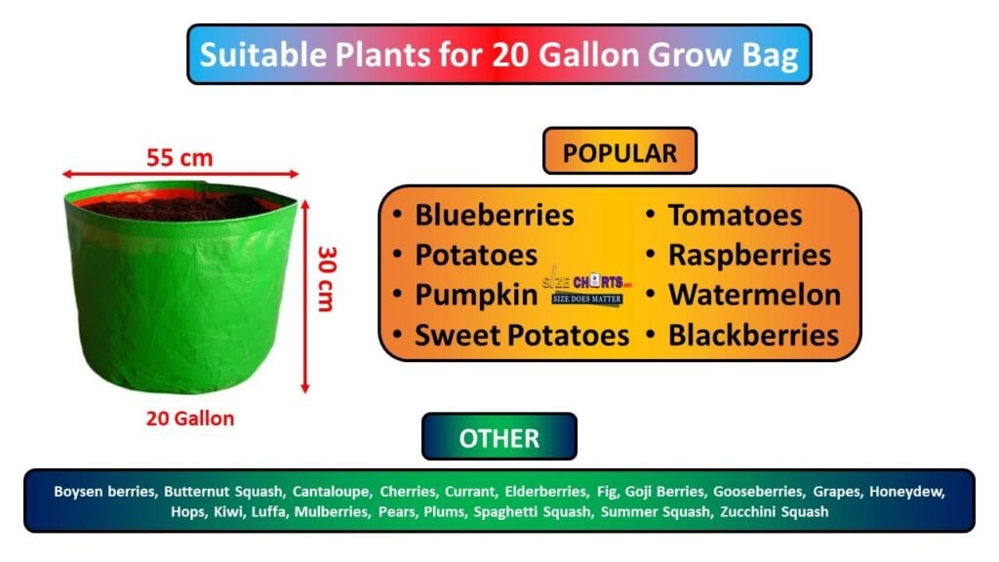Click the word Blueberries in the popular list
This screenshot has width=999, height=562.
495,215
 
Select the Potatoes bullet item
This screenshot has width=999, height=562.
476,255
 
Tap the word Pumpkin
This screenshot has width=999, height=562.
475,295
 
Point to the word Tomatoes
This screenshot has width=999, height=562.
735,215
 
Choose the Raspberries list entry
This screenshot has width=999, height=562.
749,255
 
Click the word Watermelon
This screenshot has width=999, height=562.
754,295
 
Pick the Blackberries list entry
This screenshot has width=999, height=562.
753,336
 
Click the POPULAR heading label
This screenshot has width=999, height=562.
619,152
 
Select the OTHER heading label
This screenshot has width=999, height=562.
499,437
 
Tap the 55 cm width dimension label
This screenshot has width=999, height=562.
180,156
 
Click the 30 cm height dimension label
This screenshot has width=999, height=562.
326,278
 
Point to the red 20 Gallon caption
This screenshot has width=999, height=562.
190,419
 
